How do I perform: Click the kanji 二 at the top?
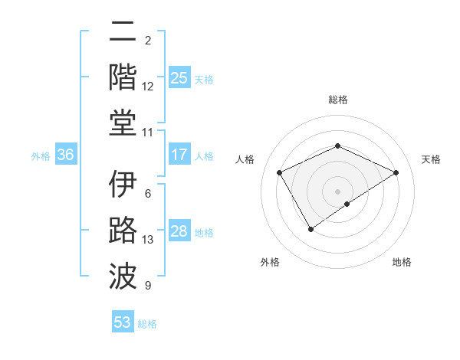pos(123,33)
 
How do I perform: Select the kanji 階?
pos(123,76)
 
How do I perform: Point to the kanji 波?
pos(123,274)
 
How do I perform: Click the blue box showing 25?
pos(179,78)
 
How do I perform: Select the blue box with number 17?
pos(179,155)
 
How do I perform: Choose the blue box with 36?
pos(65,155)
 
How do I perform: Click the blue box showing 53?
pos(122,322)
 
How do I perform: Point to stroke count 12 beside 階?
pos(148,87)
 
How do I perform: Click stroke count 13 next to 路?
pos(148,240)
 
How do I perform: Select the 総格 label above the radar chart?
pos(337,100)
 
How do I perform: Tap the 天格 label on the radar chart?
pos(431,159)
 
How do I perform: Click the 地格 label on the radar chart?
pos(402,262)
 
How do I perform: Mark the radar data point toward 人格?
pos(280,173)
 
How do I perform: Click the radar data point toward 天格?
pos(396,172)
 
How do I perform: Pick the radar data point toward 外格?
pos(310,228)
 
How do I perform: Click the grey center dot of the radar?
pos(337,191)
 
